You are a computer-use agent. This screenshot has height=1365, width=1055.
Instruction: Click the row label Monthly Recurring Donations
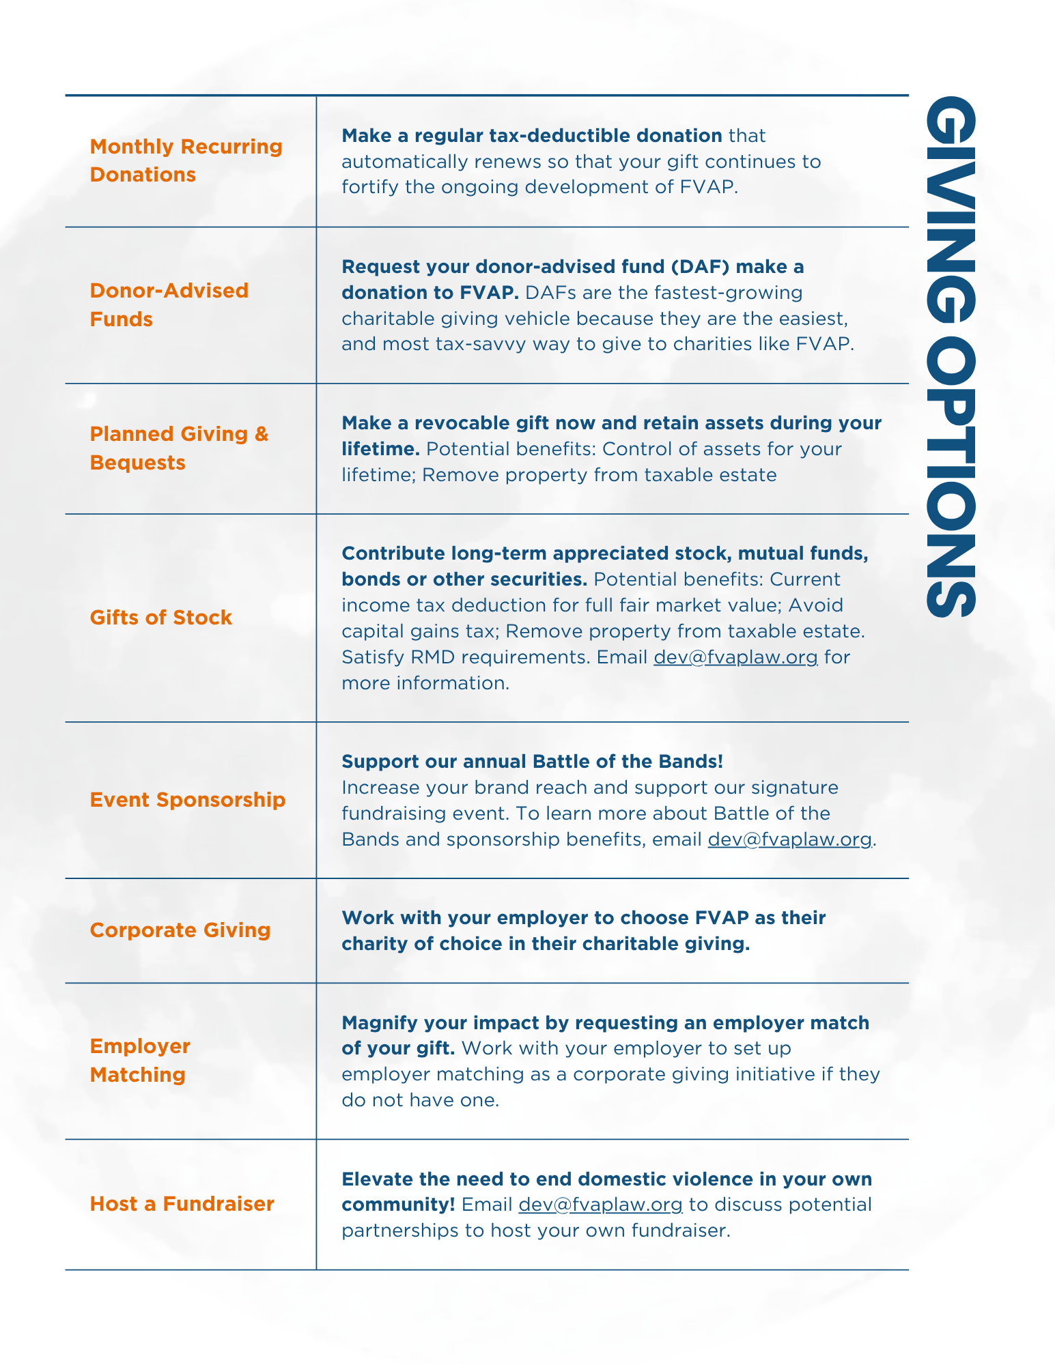point(186,160)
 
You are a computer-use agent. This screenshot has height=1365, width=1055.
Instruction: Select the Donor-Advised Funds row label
point(169,304)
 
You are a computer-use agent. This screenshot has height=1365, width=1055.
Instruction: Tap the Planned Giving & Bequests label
point(179,448)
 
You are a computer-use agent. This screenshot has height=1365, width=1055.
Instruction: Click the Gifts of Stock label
point(160,618)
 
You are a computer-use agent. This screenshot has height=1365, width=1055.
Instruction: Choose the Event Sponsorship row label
point(187,799)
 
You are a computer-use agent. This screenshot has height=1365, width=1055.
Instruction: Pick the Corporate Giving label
point(180,930)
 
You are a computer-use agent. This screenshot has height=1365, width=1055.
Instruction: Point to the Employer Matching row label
point(139,1060)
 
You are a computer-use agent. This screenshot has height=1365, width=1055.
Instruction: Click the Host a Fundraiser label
point(182,1203)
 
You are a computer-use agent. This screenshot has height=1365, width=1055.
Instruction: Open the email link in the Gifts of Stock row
point(735,657)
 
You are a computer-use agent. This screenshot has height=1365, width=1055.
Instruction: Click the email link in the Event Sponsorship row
point(789,839)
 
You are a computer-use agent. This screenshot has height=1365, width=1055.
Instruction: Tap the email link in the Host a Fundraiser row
point(600,1205)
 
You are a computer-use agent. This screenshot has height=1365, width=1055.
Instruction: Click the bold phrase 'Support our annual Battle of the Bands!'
point(532,762)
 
